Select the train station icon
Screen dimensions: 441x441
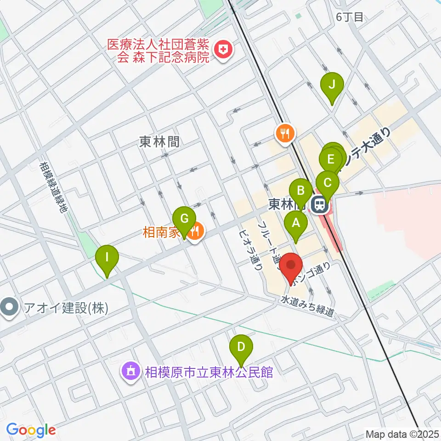(x=319, y=204)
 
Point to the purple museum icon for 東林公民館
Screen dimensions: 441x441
(x=130, y=370)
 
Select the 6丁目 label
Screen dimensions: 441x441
(x=350, y=17)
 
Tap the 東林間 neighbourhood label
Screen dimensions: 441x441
(x=159, y=143)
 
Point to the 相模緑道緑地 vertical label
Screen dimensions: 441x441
(x=53, y=187)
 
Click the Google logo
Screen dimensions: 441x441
(x=31, y=430)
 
